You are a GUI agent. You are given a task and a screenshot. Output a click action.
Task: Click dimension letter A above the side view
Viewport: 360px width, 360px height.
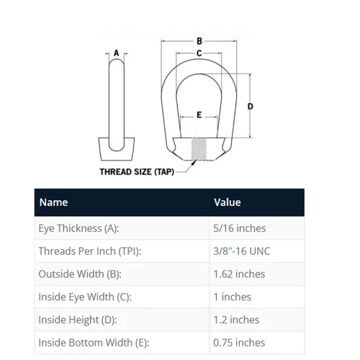(117, 53)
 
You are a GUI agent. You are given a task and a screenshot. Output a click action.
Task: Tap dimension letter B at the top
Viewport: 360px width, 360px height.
(199, 41)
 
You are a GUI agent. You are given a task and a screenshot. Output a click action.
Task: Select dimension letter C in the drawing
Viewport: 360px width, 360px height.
(199, 53)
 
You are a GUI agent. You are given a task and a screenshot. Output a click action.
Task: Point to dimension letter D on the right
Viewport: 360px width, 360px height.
(250, 107)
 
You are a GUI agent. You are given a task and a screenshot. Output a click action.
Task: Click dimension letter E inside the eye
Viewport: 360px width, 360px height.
(199, 115)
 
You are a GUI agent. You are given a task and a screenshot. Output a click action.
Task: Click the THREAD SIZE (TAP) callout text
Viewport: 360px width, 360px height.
(137, 172)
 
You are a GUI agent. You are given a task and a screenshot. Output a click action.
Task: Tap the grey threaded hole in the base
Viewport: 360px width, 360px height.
(199, 149)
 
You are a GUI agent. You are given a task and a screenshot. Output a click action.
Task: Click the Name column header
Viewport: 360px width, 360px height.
(53, 202)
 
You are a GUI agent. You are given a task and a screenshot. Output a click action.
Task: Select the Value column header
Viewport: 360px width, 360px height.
(228, 202)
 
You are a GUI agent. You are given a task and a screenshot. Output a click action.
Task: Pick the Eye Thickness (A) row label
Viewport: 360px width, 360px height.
(78, 228)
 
